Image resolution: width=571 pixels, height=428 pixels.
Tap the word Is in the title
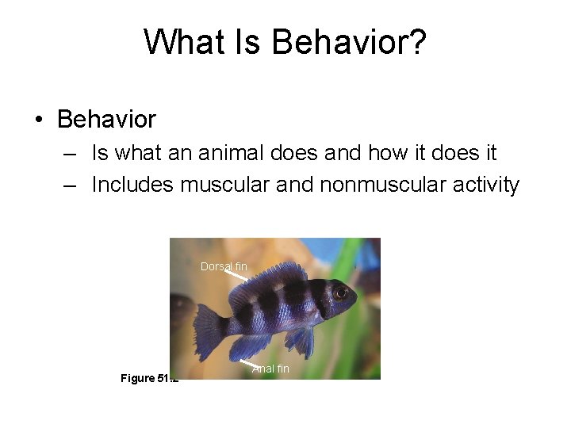tap(251, 42)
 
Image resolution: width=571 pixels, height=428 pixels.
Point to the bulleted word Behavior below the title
tap(107, 120)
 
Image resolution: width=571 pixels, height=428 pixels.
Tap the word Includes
tap(132, 185)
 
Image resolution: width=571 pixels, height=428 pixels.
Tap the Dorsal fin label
tap(223, 266)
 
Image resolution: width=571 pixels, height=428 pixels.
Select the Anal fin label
tap(270, 369)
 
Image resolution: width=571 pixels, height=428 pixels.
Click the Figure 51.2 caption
tap(148, 378)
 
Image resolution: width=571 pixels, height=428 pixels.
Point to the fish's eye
tap(340, 292)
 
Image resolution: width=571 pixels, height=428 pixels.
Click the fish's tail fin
tap(209, 325)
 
